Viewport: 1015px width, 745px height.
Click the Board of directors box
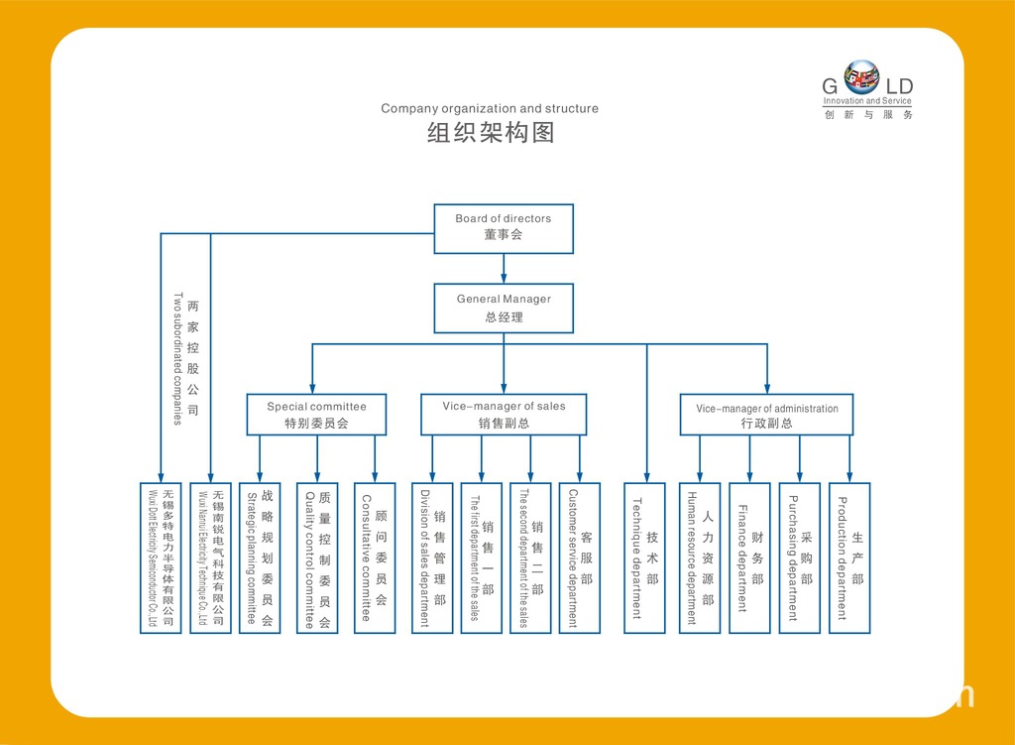(504, 228)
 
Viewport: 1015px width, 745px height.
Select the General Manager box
(504, 308)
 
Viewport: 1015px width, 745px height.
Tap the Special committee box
(316, 415)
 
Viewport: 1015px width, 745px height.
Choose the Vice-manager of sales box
(504, 415)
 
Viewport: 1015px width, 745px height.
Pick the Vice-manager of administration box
(766, 415)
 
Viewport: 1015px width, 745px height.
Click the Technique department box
(644, 558)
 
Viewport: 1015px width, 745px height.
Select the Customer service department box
(580, 558)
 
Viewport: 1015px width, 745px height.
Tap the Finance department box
(749, 558)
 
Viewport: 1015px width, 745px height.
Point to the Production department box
(849, 558)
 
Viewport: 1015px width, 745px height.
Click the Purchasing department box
(799, 558)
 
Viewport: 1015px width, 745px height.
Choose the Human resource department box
(700, 558)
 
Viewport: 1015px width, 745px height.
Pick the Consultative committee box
(375, 558)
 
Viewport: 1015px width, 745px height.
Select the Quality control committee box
(317, 558)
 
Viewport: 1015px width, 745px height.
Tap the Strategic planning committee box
(260, 558)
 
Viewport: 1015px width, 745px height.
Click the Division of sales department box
(432, 558)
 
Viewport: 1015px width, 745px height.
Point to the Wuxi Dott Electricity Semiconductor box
(161, 558)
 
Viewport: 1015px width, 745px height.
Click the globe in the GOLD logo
(861, 76)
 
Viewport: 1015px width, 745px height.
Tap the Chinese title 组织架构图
(490, 133)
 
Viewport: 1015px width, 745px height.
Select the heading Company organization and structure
(490, 108)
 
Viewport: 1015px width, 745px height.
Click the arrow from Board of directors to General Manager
(504, 268)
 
